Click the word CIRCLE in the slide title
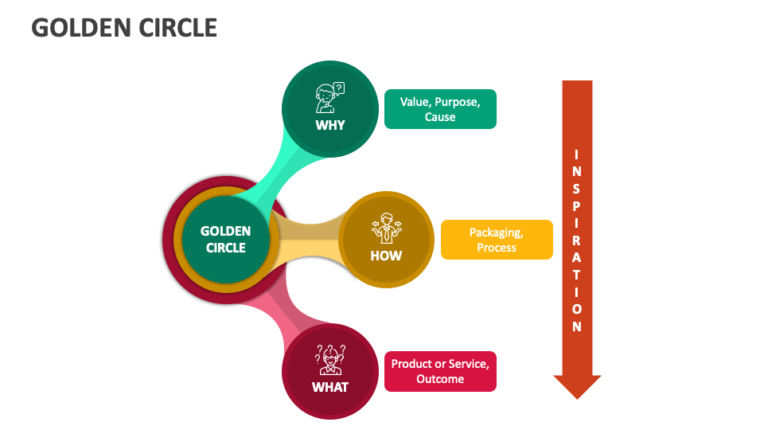tap(177, 28)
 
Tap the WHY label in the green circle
tap(330, 125)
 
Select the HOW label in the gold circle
tap(386, 256)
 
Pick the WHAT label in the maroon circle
tap(330, 387)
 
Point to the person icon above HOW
tap(386, 229)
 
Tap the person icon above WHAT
tap(329, 360)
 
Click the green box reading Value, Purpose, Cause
tap(440, 109)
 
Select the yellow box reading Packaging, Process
tap(497, 240)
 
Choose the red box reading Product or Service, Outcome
tap(440, 371)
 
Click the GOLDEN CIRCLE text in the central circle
tap(225, 239)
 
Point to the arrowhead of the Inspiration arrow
tap(577, 386)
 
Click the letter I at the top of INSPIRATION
tap(577, 153)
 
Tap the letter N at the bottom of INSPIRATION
tap(577, 326)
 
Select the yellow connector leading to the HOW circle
tap(310, 239)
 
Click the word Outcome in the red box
tap(440, 379)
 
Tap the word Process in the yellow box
tap(497, 248)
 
